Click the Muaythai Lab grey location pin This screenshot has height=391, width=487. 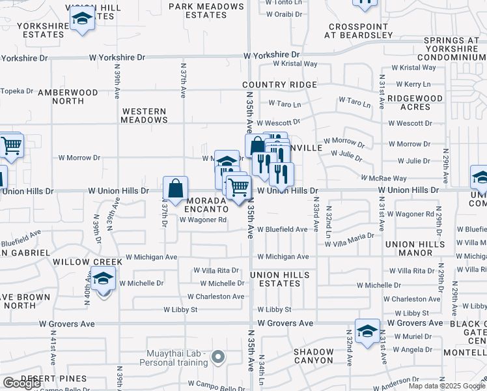pos(218,357)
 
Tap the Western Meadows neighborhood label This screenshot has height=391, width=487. pos(145,115)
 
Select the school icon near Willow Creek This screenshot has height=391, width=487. pos(103,280)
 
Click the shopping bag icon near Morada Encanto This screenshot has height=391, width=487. pos(176,189)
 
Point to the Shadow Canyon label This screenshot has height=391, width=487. pos(313,356)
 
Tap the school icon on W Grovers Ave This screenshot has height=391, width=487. pos(367,331)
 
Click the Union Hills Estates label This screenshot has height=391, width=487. pos(280,279)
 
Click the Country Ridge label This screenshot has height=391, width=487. pos(279,85)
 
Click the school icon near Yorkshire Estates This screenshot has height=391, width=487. pos(83,20)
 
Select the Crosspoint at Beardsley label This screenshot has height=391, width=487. pos(360,31)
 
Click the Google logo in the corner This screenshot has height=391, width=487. pos(21,383)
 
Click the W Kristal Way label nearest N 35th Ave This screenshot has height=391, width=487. pos(295,64)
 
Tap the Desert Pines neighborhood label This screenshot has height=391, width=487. pos(53,379)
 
